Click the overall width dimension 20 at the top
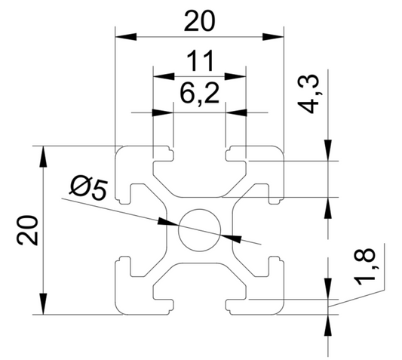(x=199, y=23)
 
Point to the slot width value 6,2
(x=199, y=94)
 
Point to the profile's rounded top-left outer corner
(x=120, y=150)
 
